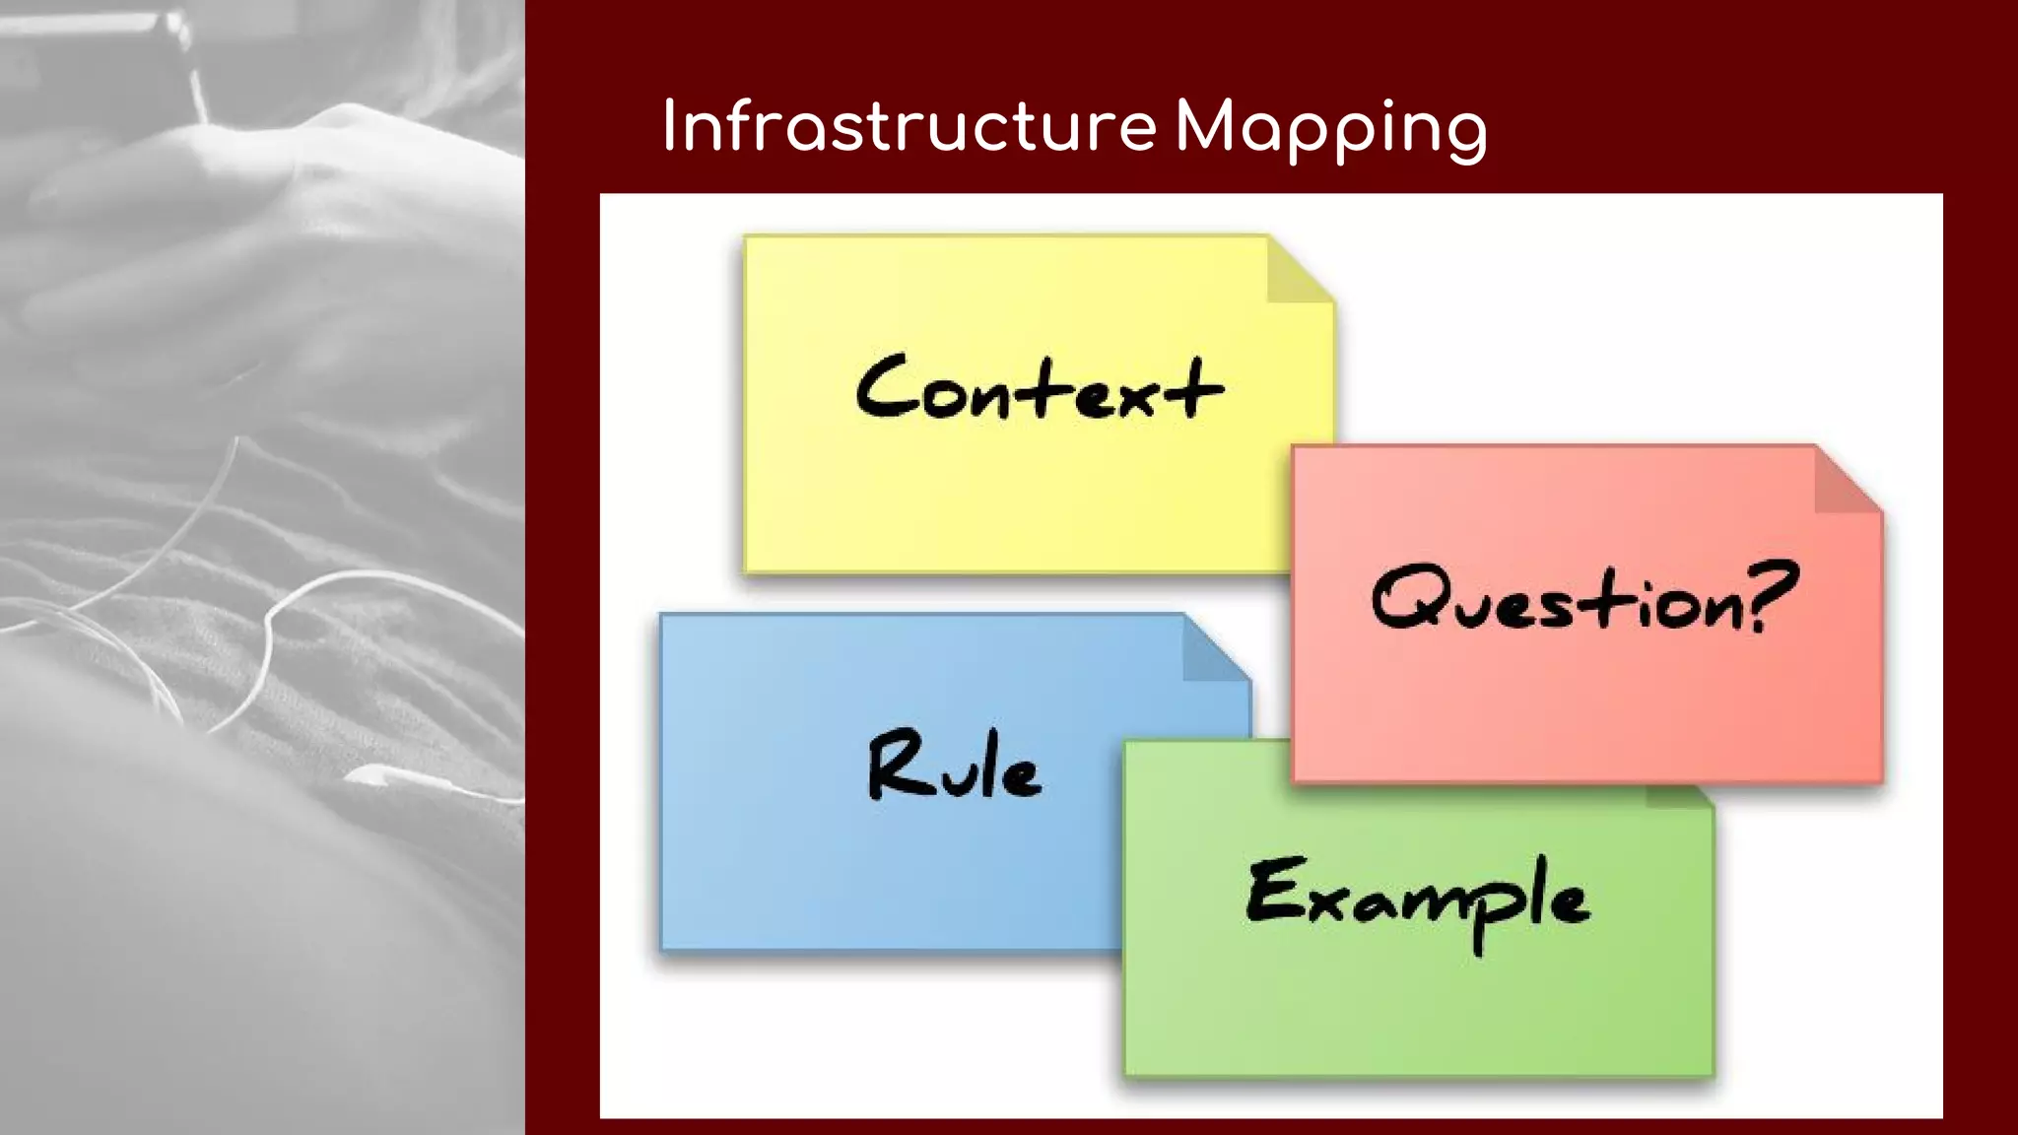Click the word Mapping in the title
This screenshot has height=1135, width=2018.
(x=1330, y=129)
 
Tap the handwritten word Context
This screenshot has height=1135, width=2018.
(x=1039, y=387)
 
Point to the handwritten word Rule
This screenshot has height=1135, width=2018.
(x=954, y=766)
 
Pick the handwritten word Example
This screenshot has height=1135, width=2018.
(x=1417, y=898)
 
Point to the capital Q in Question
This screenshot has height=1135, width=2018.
(x=1405, y=597)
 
